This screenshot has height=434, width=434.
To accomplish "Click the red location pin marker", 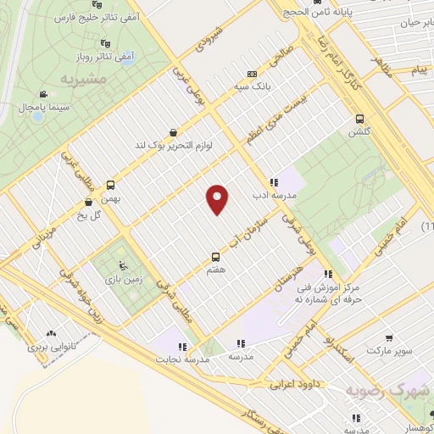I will pos(218,199).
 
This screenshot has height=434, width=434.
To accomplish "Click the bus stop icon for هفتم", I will pos(214,256).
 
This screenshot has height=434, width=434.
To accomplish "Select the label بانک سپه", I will pos(253,86).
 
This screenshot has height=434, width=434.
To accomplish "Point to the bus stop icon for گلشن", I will pos(360,119).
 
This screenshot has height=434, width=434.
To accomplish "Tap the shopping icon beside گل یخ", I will pos(89,202).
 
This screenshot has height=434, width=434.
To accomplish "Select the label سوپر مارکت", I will pos(389,349).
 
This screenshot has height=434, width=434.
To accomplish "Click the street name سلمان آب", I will pos(262,228).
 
